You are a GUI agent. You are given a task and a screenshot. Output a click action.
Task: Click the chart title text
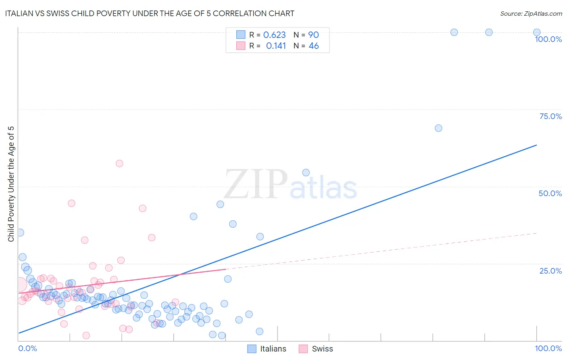(x=150, y=13)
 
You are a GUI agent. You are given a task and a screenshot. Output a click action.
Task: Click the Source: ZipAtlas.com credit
(x=531, y=13)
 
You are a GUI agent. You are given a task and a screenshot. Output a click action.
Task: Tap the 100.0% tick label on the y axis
(x=548, y=39)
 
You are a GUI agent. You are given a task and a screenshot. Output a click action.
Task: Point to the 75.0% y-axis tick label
(x=550, y=116)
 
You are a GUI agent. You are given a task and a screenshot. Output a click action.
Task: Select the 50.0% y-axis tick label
(x=550, y=193)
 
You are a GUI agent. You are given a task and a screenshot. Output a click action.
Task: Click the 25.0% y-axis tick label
(x=550, y=270)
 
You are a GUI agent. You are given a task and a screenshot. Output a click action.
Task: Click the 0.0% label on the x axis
(x=27, y=348)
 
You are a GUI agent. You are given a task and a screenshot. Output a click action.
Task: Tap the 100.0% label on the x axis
(x=548, y=348)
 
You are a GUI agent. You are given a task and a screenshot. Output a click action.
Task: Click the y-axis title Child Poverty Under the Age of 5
(x=11, y=184)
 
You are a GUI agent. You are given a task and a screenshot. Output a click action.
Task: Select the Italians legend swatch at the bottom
(x=252, y=349)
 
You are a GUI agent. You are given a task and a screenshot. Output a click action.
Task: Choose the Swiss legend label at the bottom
(x=322, y=349)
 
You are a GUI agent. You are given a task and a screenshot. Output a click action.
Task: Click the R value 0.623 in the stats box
(x=274, y=35)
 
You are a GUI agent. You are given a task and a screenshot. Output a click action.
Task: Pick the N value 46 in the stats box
(x=314, y=46)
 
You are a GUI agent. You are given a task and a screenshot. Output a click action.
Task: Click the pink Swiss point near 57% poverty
(x=119, y=163)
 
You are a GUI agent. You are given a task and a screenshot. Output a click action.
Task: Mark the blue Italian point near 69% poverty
(x=438, y=128)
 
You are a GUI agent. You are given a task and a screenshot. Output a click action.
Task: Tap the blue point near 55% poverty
(x=306, y=173)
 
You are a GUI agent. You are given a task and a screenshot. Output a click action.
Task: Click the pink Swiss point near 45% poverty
(x=71, y=203)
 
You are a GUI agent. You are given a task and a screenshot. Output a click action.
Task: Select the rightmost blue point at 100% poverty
(x=537, y=32)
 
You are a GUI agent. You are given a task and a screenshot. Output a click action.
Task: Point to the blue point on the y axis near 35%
(x=20, y=232)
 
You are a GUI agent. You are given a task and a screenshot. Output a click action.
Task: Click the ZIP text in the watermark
(x=256, y=184)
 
